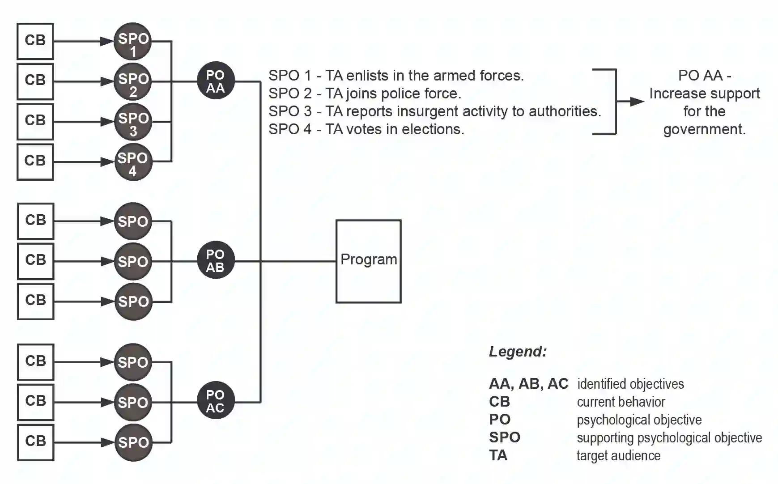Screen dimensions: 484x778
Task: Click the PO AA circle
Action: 216,81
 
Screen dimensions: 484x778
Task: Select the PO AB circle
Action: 216,260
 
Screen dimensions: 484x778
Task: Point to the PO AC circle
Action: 216,401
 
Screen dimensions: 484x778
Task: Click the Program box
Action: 368,261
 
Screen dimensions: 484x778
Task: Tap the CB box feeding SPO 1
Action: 35,41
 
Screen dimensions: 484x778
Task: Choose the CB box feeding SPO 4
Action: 35,162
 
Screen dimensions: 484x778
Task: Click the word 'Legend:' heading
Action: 518,352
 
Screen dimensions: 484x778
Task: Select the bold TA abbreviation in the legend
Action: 498,455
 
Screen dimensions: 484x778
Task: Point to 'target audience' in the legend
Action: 618,456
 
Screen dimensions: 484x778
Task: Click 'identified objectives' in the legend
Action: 630,384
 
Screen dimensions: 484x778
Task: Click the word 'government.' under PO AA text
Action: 704,129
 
